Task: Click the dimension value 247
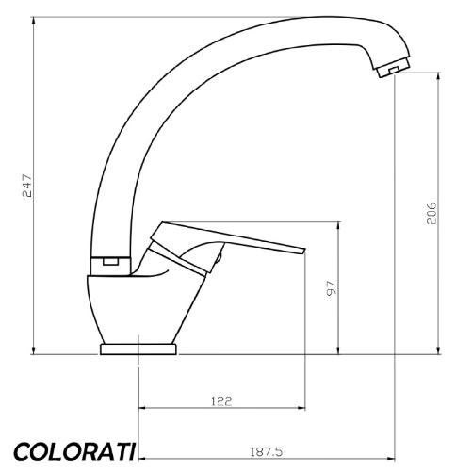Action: pyautogui.click(x=27, y=187)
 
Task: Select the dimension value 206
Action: pyautogui.click(x=428, y=213)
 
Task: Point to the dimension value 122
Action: pyautogui.click(x=221, y=399)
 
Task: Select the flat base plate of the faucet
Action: pyautogui.click(x=138, y=350)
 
